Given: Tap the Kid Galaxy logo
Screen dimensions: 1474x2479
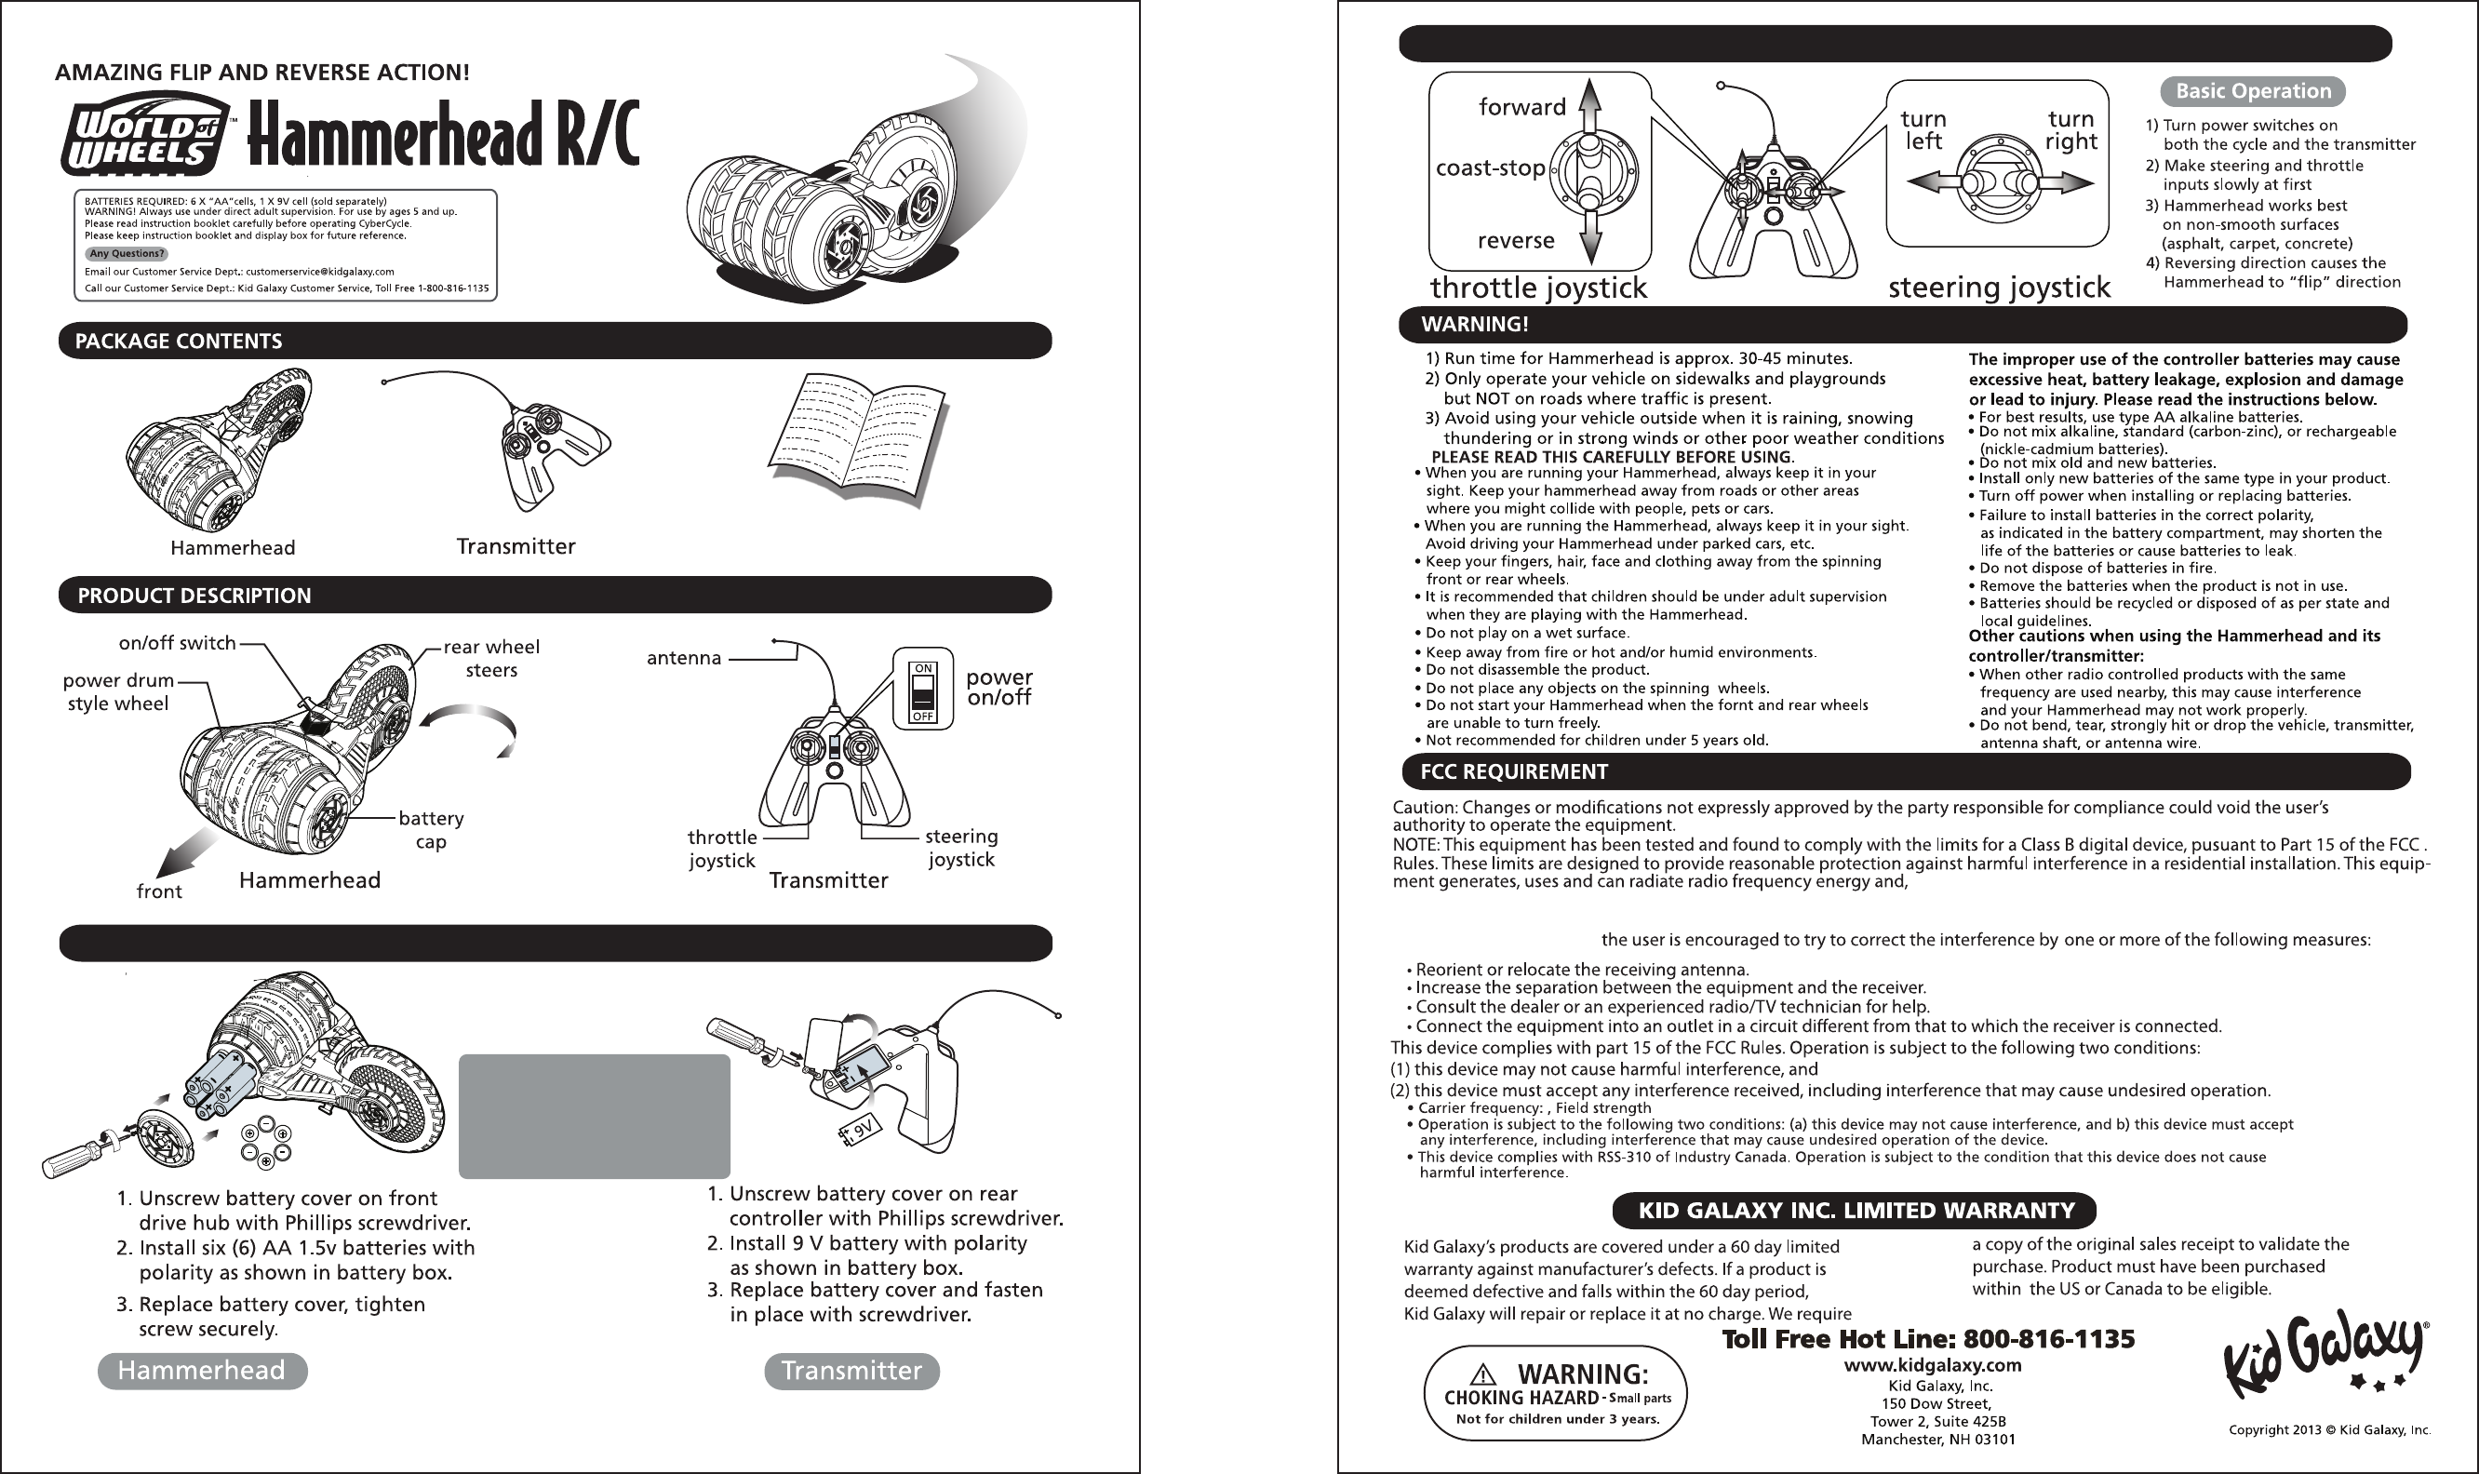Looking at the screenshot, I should pyautogui.click(x=2322, y=1356).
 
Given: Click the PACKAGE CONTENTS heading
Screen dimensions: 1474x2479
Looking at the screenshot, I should pyautogui.click(x=179, y=342).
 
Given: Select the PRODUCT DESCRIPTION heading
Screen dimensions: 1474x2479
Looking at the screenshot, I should pyautogui.click(x=194, y=596).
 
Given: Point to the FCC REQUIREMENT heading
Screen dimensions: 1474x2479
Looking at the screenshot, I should pyautogui.click(x=1514, y=771).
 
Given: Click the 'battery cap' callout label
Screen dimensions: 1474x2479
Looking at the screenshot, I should pyautogui.click(x=431, y=829).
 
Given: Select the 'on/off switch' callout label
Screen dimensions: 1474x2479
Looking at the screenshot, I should pyautogui.click(x=177, y=643).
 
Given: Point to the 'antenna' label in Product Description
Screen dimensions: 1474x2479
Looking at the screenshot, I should pyautogui.click(x=683, y=658).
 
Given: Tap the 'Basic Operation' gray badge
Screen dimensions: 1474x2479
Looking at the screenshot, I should pyautogui.click(x=2253, y=91).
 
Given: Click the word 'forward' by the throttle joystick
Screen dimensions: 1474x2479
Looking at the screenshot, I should pyautogui.click(x=1521, y=107).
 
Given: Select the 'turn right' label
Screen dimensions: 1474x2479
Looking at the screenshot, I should pyautogui.click(x=2070, y=130).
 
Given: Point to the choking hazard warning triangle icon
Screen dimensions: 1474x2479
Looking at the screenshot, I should pyautogui.click(x=1481, y=1375).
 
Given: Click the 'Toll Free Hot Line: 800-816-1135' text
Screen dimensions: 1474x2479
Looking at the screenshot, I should pyautogui.click(x=1927, y=1340).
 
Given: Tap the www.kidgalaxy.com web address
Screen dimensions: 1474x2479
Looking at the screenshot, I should pyautogui.click(x=1932, y=1365).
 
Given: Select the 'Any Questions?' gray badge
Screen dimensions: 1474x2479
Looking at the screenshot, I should pyautogui.click(x=127, y=254).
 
